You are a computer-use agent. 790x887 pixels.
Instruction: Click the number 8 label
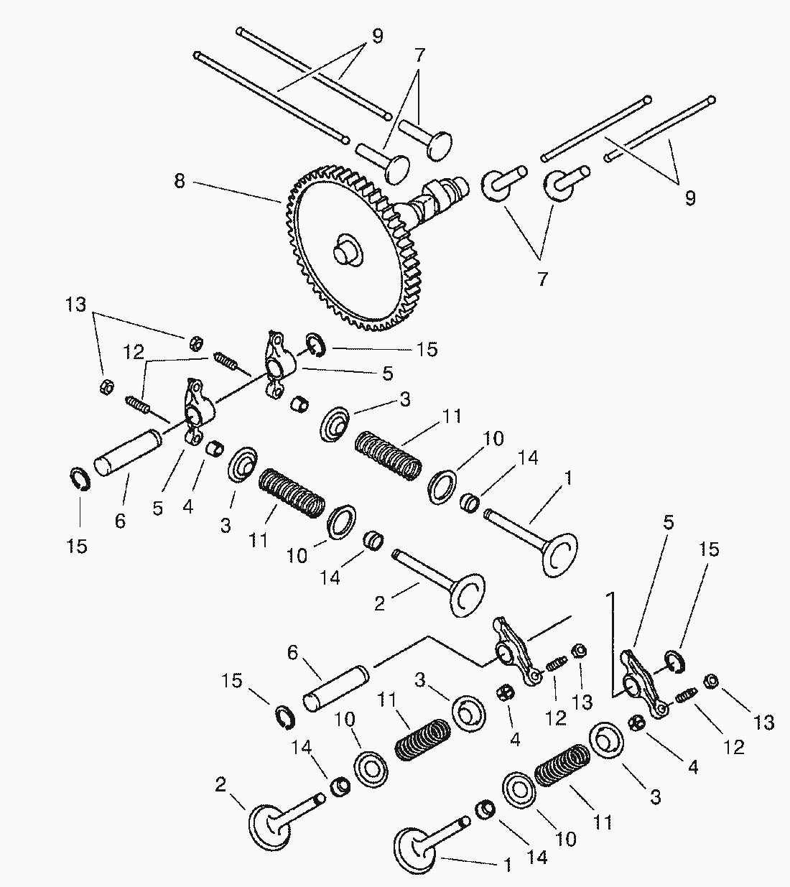pos(180,182)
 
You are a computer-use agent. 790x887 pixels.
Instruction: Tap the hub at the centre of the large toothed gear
pos(346,251)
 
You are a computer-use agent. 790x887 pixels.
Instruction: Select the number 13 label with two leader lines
pos(76,305)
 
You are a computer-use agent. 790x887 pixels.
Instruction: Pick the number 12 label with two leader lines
pos(134,352)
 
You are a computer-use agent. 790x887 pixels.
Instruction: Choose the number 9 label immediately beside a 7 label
pos(377,36)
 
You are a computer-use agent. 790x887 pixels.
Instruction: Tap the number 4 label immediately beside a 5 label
pos(187,506)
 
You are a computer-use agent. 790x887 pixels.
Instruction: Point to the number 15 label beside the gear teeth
pos(427,350)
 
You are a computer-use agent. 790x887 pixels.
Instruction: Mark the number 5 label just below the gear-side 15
pos(387,373)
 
